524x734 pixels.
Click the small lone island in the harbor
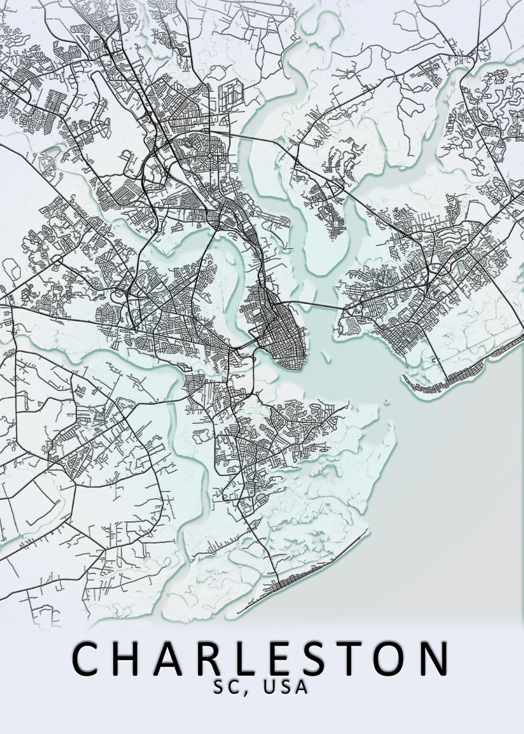[x=386, y=401]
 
